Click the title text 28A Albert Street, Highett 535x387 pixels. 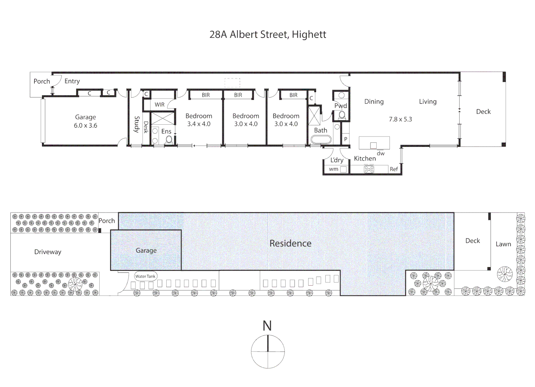[268, 34]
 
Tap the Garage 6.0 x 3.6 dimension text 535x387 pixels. [85, 125]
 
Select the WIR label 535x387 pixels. [159, 105]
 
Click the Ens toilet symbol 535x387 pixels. [169, 140]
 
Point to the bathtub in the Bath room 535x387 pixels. [321, 140]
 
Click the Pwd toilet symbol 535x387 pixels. [342, 115]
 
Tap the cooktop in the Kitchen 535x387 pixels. [369, 169]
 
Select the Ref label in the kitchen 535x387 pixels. [394, 169]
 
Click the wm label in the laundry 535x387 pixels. [334, 169]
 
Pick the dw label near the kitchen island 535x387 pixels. [381, 153]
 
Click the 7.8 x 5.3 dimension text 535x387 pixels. [400, 119]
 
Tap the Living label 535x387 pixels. [428, 102]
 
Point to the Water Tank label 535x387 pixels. [145, 276]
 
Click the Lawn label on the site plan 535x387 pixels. [503, 244]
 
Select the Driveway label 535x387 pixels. [48, 252]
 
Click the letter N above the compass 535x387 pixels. [267, 326]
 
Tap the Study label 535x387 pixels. [137, 124]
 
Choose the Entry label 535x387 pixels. [72, 81]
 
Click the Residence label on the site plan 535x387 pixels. [290, 243]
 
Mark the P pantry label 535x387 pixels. [345, 139]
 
